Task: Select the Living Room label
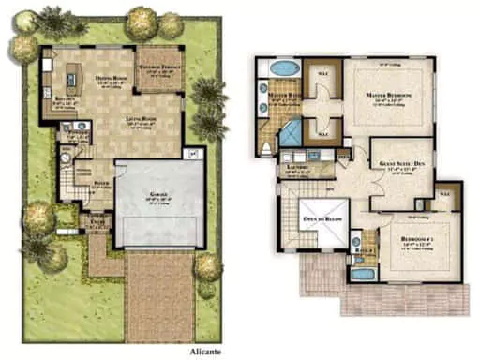tap(142, 119)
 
